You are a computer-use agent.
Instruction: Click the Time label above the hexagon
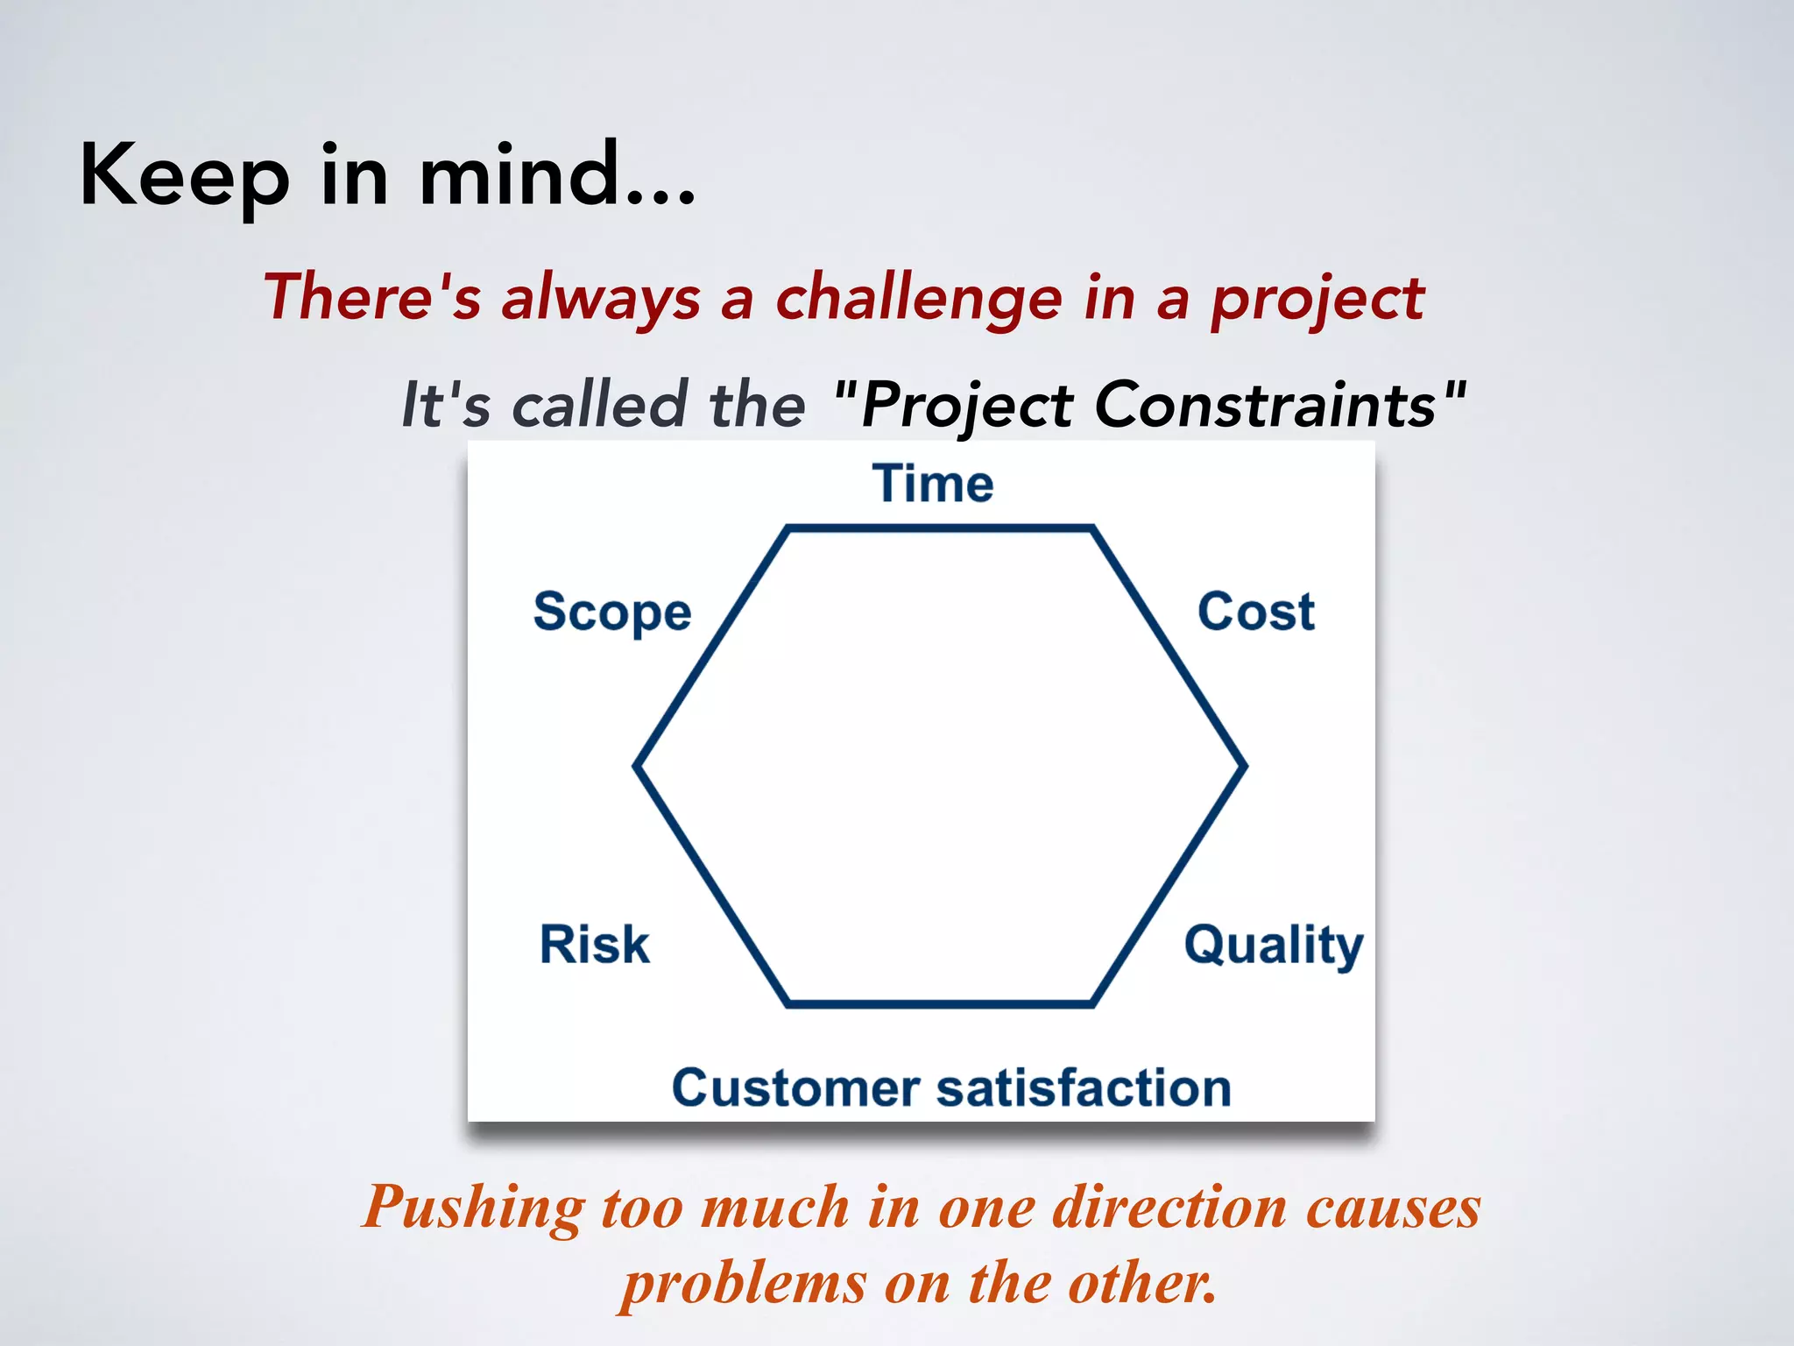point(933,484)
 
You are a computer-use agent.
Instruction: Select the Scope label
point(612,612)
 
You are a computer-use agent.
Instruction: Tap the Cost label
point(1255,612)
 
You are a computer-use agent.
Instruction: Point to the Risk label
point(594,945)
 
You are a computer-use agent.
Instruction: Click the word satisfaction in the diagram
point(1084,1088)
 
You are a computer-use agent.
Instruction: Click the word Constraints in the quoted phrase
point(1265,405)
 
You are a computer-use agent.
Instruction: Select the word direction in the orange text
point(1169,1208)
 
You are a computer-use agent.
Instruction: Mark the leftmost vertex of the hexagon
point(637,766)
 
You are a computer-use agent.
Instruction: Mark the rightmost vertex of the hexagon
point(1244,766)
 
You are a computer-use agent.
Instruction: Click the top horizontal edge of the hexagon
point(940,528)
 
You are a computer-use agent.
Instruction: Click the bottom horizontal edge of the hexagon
point(940,1003)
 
